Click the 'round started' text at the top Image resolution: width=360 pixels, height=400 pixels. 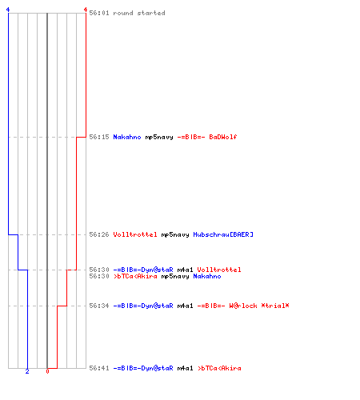[139, 13]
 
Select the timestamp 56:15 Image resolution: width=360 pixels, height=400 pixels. [99, 137]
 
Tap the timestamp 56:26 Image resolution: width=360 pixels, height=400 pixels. [99, 234]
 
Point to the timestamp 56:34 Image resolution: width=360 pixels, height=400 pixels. [99, 306]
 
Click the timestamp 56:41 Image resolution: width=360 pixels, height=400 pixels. [99, 368]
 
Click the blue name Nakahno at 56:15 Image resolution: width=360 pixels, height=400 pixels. [127, 137]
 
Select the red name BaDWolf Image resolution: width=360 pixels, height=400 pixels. [223, 137]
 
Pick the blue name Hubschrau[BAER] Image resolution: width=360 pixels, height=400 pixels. [223, 234]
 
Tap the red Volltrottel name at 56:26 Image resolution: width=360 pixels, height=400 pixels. [135, 234]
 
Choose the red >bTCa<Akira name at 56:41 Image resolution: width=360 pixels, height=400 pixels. [219, 368]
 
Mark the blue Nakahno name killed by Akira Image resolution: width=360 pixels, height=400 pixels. [207, 276]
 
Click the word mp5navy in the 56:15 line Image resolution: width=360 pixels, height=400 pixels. [159, 138]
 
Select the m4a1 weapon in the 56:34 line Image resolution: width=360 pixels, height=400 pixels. [185, 306]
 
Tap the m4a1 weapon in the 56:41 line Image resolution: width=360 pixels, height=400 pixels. [185, 368]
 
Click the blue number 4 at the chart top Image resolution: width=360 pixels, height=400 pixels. [8, 10]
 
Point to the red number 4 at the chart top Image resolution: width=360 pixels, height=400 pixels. [86, 10]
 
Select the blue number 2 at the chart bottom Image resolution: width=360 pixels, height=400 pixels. [27, 371]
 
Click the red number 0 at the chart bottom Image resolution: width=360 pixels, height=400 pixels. [47, 371]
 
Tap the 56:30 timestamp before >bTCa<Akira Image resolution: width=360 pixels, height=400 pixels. [99, 276]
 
